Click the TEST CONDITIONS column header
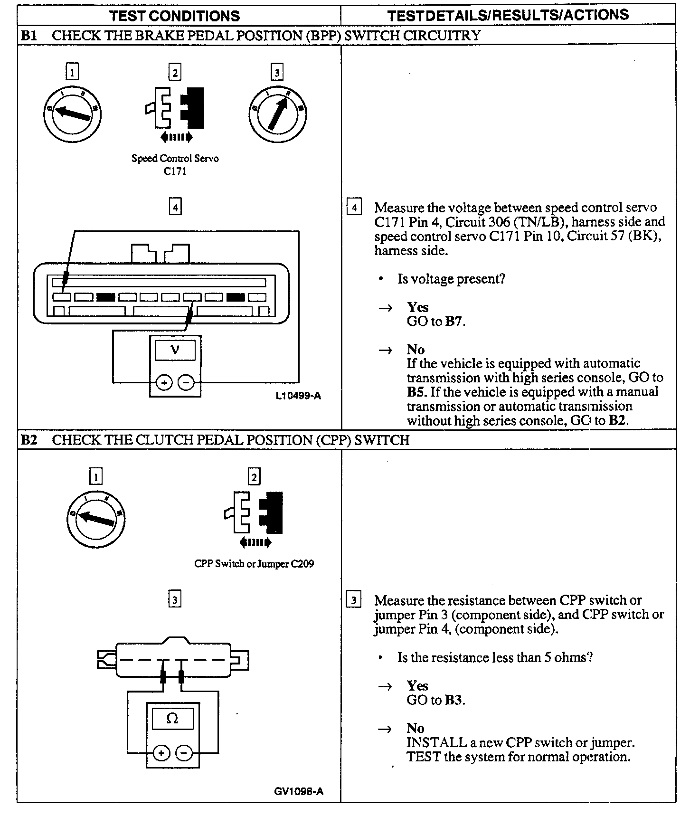[x=175, y=16]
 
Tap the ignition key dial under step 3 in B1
[x=277, y=114]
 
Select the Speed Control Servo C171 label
[x=175, y=164]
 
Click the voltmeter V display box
[x=175, y=351]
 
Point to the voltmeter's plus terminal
[x=164, y=382]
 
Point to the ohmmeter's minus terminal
[x=185, y=753]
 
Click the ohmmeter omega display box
[x=172, y=719]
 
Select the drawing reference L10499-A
[x=298, y=395]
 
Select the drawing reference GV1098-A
[x=299, y=791]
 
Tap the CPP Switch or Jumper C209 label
[x=254, y=564]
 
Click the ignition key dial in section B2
[x=95, y=518]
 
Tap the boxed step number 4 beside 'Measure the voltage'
[x=354, y=208]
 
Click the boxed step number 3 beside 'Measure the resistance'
[x=354, y=600]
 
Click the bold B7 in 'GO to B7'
[x=454, y=322]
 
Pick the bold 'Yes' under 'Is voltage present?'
[x=417, y=307]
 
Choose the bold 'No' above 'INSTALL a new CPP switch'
[x=415, y=728]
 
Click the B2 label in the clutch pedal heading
[x=29, y=440]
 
